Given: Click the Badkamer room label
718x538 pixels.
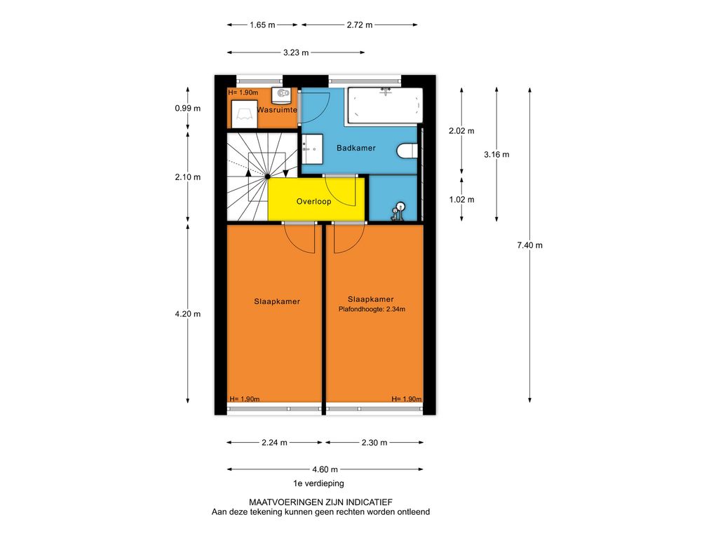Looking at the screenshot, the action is (355, 148).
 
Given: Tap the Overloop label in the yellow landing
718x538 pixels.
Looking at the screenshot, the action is (313, 201).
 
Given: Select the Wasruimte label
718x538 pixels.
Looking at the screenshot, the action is (277, 110).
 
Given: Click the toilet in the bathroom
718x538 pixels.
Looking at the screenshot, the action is (407, 151).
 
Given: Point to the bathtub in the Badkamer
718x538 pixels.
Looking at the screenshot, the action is (385, 106).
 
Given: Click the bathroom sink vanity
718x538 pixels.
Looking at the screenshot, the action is (312, 149).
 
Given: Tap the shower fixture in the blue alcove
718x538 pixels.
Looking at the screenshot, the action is (398, 212).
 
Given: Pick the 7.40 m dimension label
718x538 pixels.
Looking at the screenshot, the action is (530, 245).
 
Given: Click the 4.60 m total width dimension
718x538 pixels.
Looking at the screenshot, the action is (325, 469).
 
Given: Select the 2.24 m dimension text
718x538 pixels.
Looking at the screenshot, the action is (275, 443).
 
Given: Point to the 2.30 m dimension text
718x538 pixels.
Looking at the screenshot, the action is (374, 443).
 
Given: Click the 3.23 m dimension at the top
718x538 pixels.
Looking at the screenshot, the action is (296, 53).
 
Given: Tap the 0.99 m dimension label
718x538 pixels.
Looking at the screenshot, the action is (188, 109).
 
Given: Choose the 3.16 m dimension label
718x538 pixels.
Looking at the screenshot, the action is (497, 155).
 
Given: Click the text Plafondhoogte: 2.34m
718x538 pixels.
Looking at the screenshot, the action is (372, 309).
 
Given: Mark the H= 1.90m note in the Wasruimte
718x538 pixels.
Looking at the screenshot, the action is (243, 92).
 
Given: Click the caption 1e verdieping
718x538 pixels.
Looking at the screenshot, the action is (319, 483).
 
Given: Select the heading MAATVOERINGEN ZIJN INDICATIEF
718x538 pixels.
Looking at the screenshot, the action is (320, 502).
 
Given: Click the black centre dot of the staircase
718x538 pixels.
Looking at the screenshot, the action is (267, 176).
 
